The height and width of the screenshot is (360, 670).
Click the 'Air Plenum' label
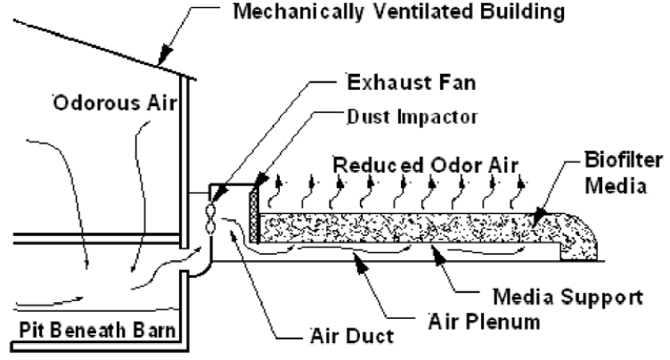pos(486,317)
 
